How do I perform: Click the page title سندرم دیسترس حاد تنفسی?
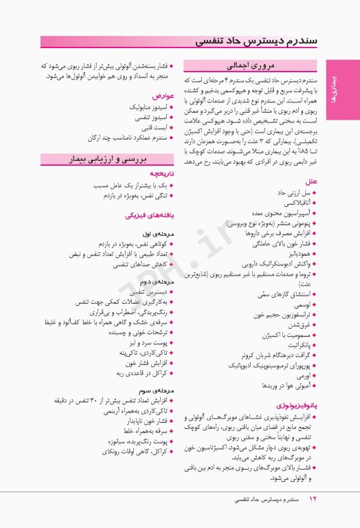pyautogui.click(x=267, y=41)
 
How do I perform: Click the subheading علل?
pyautogui.click(x=311, y=181)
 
